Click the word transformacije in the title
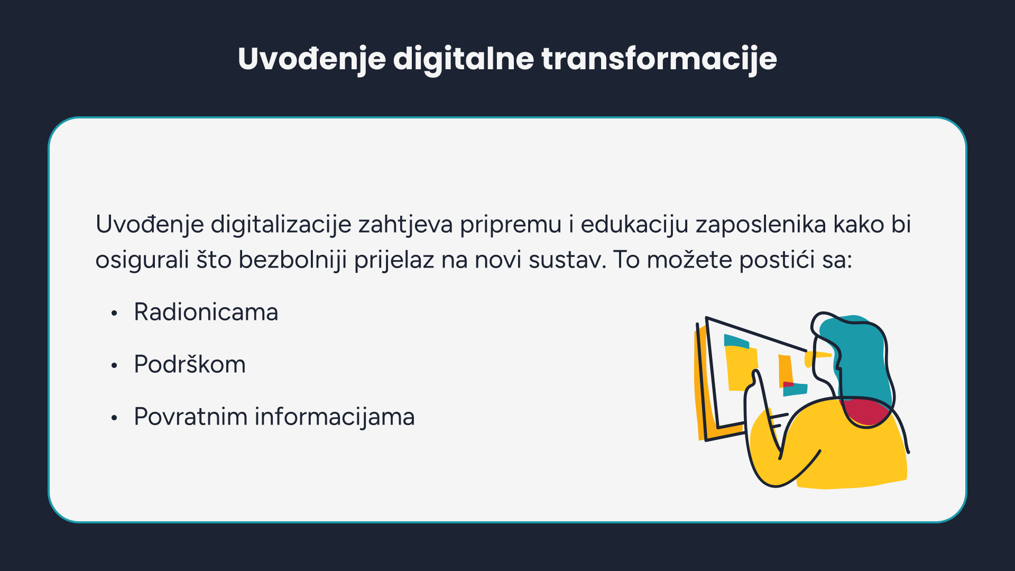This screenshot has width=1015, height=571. pos(659,59)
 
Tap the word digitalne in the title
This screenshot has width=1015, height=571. pos(464,59)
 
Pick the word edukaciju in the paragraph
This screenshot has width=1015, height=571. pos(634,225)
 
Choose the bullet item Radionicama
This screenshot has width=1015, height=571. pos(206,312)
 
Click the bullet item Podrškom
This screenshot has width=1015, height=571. pos(190,364)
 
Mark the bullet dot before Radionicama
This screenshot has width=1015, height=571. pos(114,314)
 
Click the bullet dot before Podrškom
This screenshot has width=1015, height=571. pos(114,366)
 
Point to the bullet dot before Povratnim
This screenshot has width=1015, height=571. pos(114,418)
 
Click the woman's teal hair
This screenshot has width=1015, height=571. pos(862,360)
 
